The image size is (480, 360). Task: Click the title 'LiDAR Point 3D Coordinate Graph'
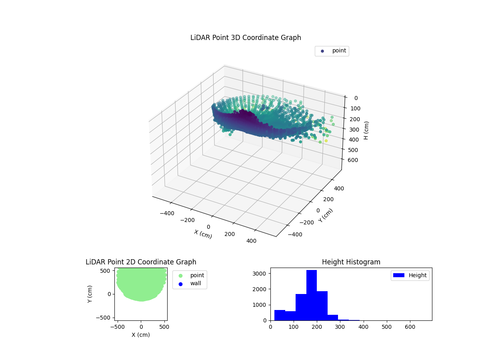point(246,38)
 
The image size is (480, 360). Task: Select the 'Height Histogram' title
point(351,262)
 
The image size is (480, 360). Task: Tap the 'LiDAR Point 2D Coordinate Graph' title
point(141,262)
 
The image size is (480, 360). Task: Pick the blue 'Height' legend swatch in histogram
point(399,275)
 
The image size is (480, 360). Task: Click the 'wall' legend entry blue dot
point(180,284)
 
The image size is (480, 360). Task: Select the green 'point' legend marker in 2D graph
point(180,276)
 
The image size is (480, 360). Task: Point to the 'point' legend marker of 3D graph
point(322,51)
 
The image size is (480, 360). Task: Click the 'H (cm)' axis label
point(366,130)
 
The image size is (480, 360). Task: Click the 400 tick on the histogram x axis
point(363,327)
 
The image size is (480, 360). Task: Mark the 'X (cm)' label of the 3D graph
point(203,234)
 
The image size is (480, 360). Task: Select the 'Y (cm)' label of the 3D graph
point(326,216)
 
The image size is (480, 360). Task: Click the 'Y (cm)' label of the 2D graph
point(90,294)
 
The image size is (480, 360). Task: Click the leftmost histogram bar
point(280,315)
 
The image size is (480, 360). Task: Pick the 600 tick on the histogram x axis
point(410,327)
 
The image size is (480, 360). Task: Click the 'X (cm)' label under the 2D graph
point(141,335)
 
